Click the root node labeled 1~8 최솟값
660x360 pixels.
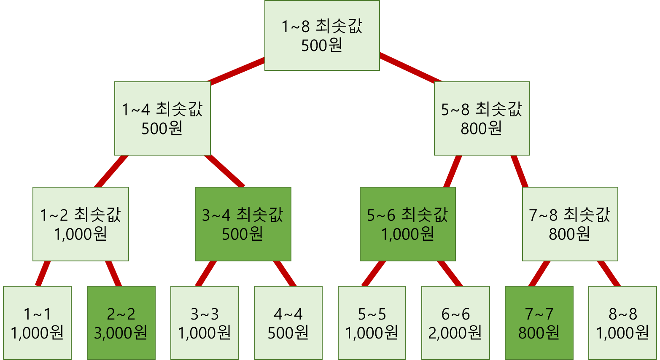click(322, 35)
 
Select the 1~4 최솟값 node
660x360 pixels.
click(162, 118)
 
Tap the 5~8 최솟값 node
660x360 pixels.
click(482, 118)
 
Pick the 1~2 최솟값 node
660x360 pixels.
click(81, 224)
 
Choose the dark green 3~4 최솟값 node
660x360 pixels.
click(243, 224)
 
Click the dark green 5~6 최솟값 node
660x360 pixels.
click(407, 224)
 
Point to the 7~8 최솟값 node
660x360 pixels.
click(570, 224)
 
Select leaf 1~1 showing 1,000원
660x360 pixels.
click(37, 323)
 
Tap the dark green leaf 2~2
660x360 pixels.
click(121, 323)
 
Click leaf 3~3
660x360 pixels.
click(205, 323)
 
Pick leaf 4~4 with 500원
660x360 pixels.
click(288, 323)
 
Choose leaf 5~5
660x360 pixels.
click(372, 323)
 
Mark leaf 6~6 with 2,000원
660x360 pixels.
click(455, 323)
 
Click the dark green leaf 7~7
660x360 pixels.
click(539, 323)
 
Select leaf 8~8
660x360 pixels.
click(622, 323)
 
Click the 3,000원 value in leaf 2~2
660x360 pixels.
click(121, 333)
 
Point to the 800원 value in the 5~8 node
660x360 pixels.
click(481, 128)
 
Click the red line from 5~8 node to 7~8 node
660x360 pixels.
click(519, 171)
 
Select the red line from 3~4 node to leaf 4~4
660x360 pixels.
click(285, 274)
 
